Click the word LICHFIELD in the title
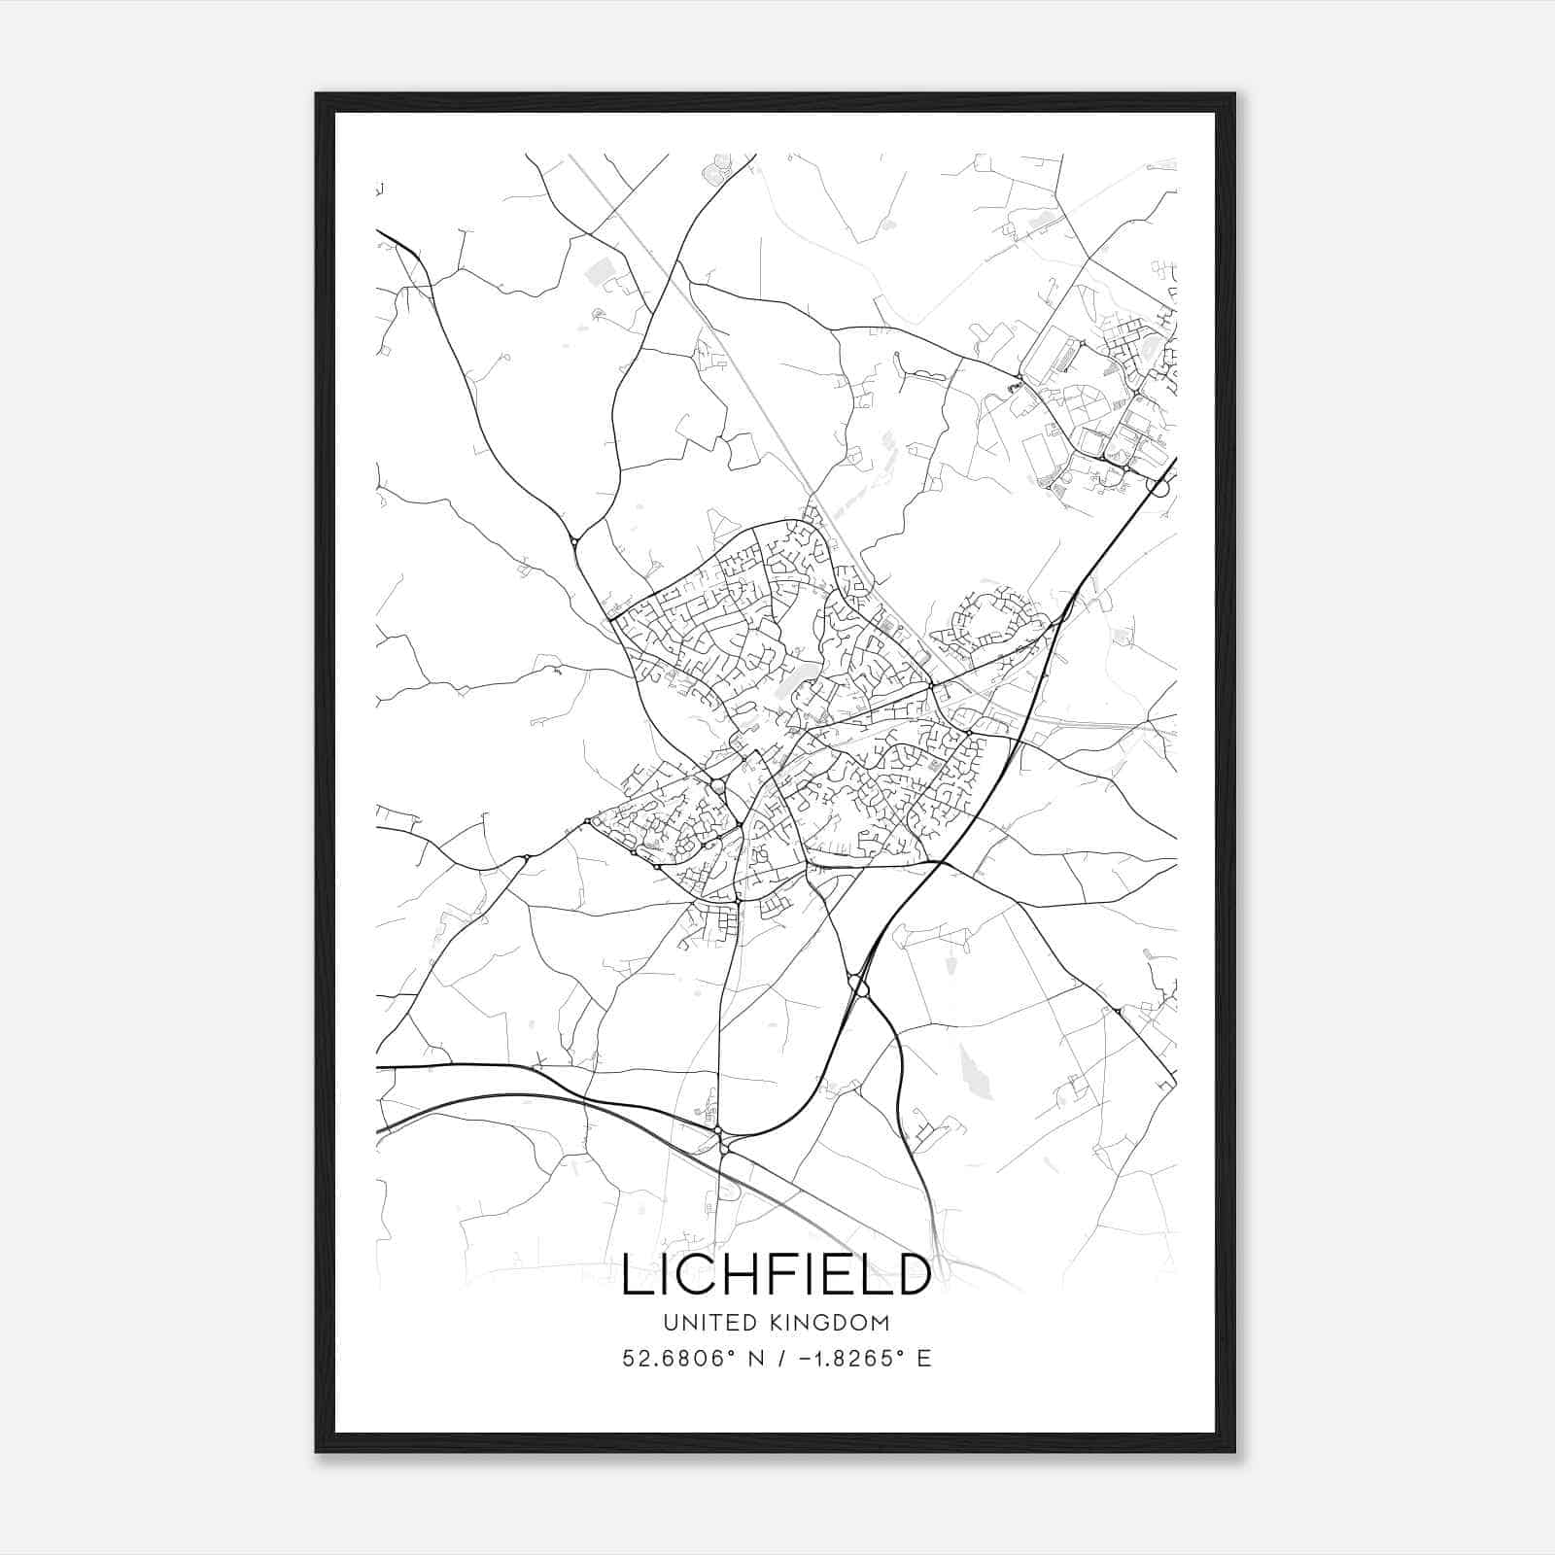776,1274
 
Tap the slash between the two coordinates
777,1359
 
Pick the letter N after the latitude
751,1359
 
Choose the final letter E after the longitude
924,1359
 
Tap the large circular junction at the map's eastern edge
1158,485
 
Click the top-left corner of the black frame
317,94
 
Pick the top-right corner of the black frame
1234,94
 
